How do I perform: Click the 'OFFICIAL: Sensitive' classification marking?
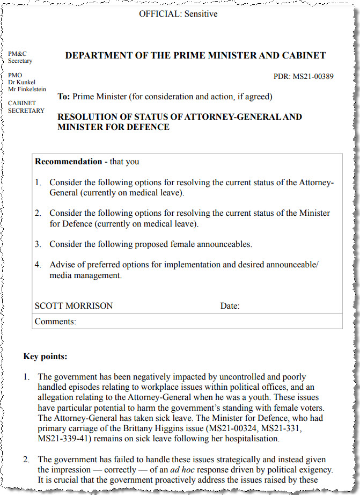pos(178,14)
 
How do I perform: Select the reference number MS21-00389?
pos(313,76)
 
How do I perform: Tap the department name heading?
pos(195,55)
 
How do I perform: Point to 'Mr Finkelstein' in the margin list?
pos(27,89)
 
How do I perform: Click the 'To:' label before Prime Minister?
pos(64,97)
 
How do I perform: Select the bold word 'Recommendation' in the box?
pos(68,161)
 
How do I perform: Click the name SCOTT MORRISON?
pos(74,306)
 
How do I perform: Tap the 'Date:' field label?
pos(230,307)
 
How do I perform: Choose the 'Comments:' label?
pos(55,322)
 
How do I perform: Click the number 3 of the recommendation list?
pos(38,244)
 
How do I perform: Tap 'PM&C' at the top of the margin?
pos(17,54)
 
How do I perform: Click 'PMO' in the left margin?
pos(15,75)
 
